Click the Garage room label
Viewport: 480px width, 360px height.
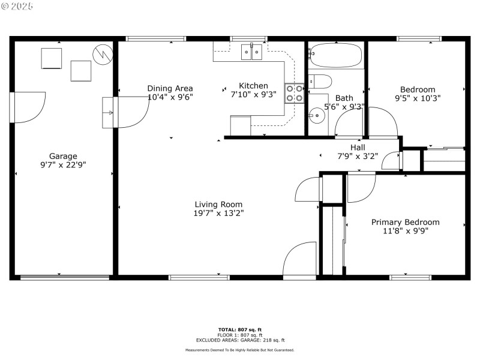(63, 156)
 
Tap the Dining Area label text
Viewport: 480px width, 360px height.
(170, 88)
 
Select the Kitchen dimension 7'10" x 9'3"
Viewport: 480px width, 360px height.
(253, 94)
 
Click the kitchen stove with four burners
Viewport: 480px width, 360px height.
(294, 93)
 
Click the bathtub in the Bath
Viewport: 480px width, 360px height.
(336, 56)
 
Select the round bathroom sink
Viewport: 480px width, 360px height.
(314, 113)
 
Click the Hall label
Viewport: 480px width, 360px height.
(358, 148)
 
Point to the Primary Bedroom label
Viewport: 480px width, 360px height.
(405, 222)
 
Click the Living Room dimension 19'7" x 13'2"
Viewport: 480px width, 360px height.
(218, 212)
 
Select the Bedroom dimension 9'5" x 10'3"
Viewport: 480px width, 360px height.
(418, 98)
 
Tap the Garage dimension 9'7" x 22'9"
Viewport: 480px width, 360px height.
(63, 164)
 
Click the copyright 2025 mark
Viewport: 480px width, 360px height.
(18, 5)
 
